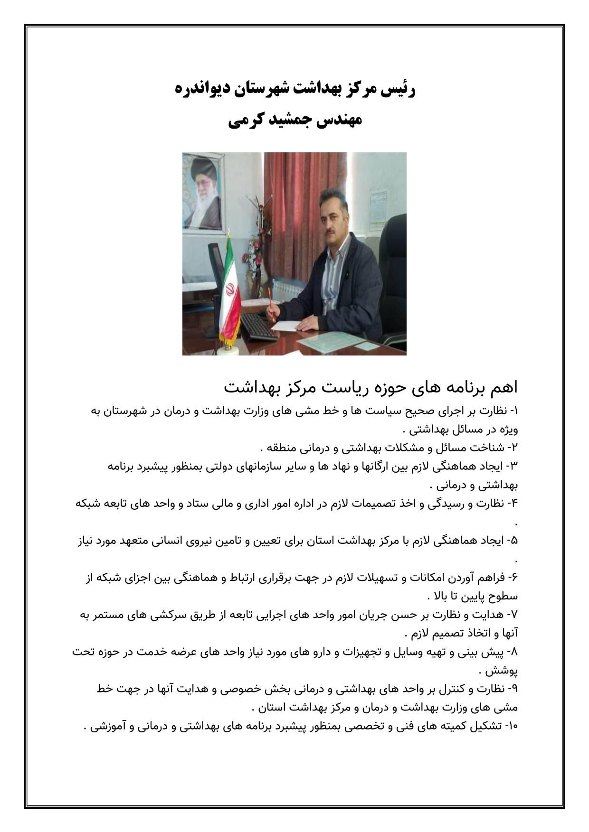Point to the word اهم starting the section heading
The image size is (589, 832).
[x=502, y=387]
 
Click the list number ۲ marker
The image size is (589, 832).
[x=514, y=448]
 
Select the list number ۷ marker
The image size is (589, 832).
[x=514, y=615]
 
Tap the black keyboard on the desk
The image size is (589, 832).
[x=258, y=327]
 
